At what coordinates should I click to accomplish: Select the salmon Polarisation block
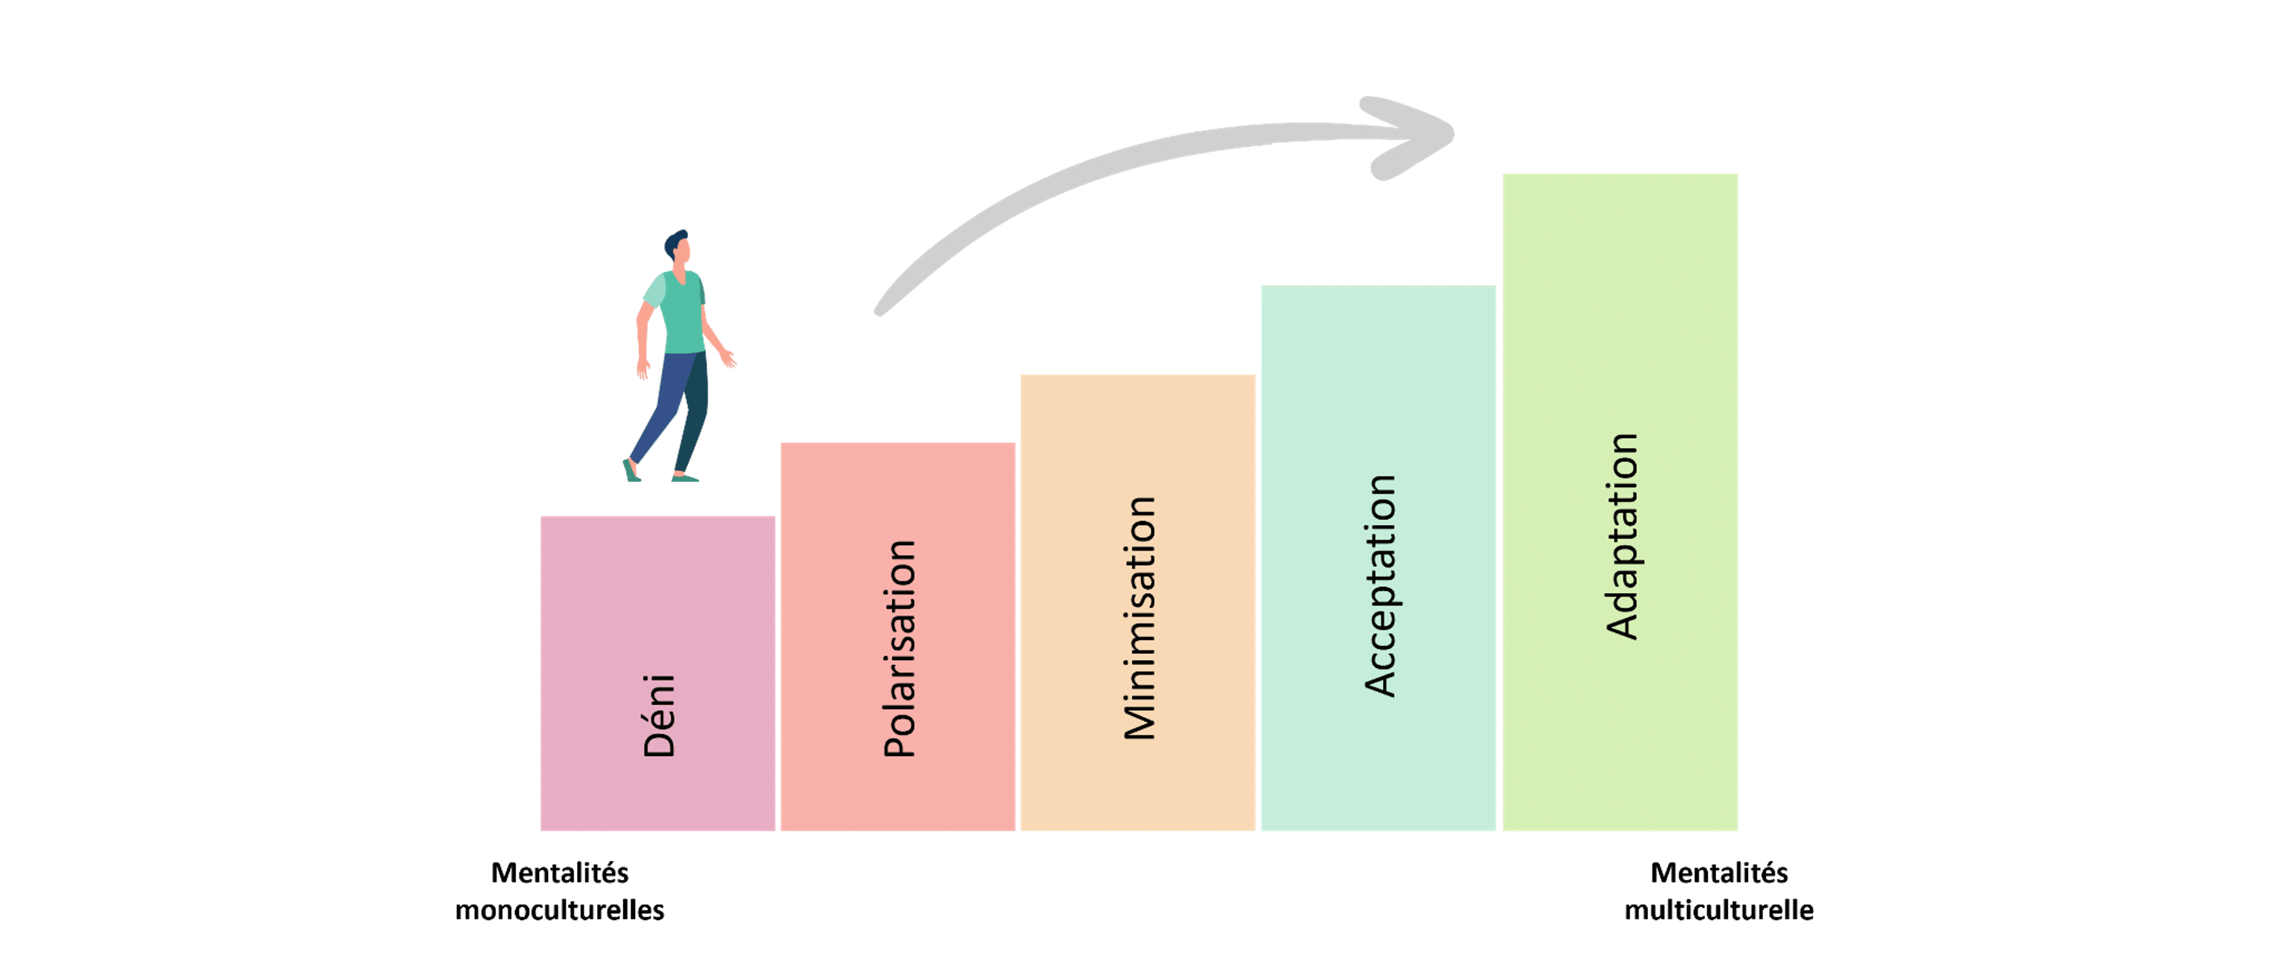pos(898,636)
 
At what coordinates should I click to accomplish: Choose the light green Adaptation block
pos(1620,502)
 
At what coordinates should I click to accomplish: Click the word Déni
pos(660,716)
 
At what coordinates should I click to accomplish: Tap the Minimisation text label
pos(1140,618)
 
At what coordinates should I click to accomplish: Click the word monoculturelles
pos(560,910)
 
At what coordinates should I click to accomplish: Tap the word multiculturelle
pos(1718,910)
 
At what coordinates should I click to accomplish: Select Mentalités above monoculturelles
pos(560,872)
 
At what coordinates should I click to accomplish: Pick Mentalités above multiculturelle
pos(1718,872)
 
